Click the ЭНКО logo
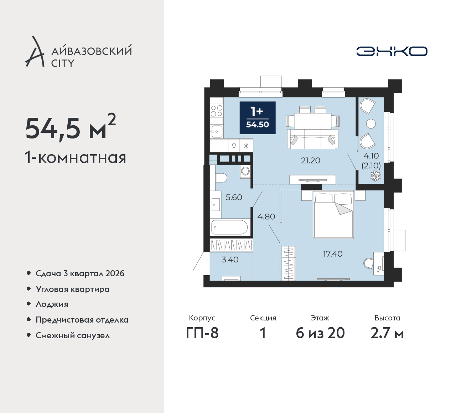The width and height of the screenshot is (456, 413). pos(392,51)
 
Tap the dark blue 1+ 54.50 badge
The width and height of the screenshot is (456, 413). pos(258,118)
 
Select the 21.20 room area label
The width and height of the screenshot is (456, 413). pos(311,161)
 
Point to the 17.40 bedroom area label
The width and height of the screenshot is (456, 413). pos(333,254)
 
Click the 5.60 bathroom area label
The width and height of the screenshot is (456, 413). pos(234,197)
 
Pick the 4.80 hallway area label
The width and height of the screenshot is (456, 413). pos(266,216)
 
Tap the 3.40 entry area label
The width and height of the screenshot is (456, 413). pos(230,260)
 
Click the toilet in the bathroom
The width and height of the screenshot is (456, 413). pos(221,178)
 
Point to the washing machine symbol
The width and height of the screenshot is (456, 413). pos(245,171)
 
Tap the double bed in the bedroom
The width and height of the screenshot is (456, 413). pos(333,214)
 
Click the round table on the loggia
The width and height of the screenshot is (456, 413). pos(371,124)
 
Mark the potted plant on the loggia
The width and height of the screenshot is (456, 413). pos(375,176)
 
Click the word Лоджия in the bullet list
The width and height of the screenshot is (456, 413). pos(52,304)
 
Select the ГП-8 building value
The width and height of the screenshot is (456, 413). pos(202,333)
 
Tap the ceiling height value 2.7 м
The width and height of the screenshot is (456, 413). pos(387,333)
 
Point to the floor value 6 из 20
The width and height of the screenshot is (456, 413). pos(320,333)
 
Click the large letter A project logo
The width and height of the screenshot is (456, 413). pos(35,51)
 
